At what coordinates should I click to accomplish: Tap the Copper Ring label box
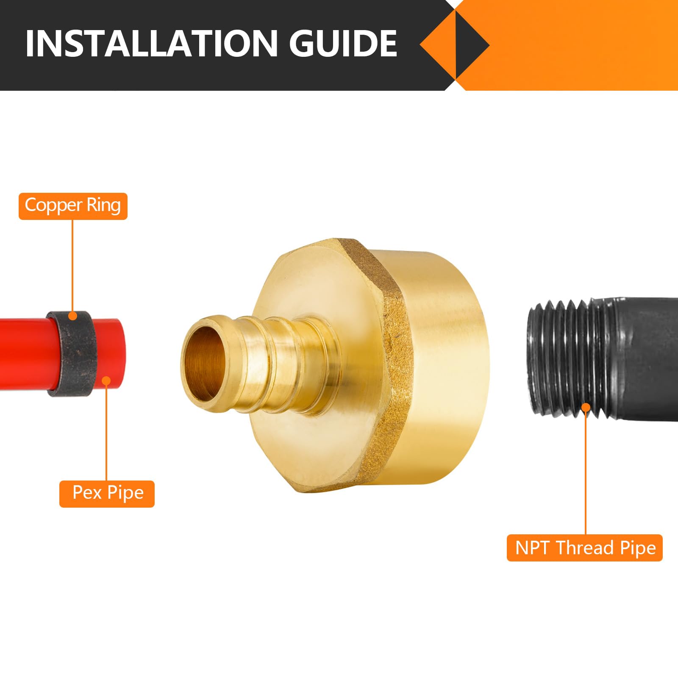pos(73,206)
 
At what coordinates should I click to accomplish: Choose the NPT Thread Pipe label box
pos(584,548)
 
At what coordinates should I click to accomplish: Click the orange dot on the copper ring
pos(73,316)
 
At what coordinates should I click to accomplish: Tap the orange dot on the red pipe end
pos(106,381)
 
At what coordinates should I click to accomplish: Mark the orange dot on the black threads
pos(586,408)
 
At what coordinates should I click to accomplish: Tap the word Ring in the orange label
pos(103,206)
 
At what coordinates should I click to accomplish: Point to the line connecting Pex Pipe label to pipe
pos(106,432)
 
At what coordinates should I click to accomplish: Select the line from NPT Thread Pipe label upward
pos(586,470)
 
